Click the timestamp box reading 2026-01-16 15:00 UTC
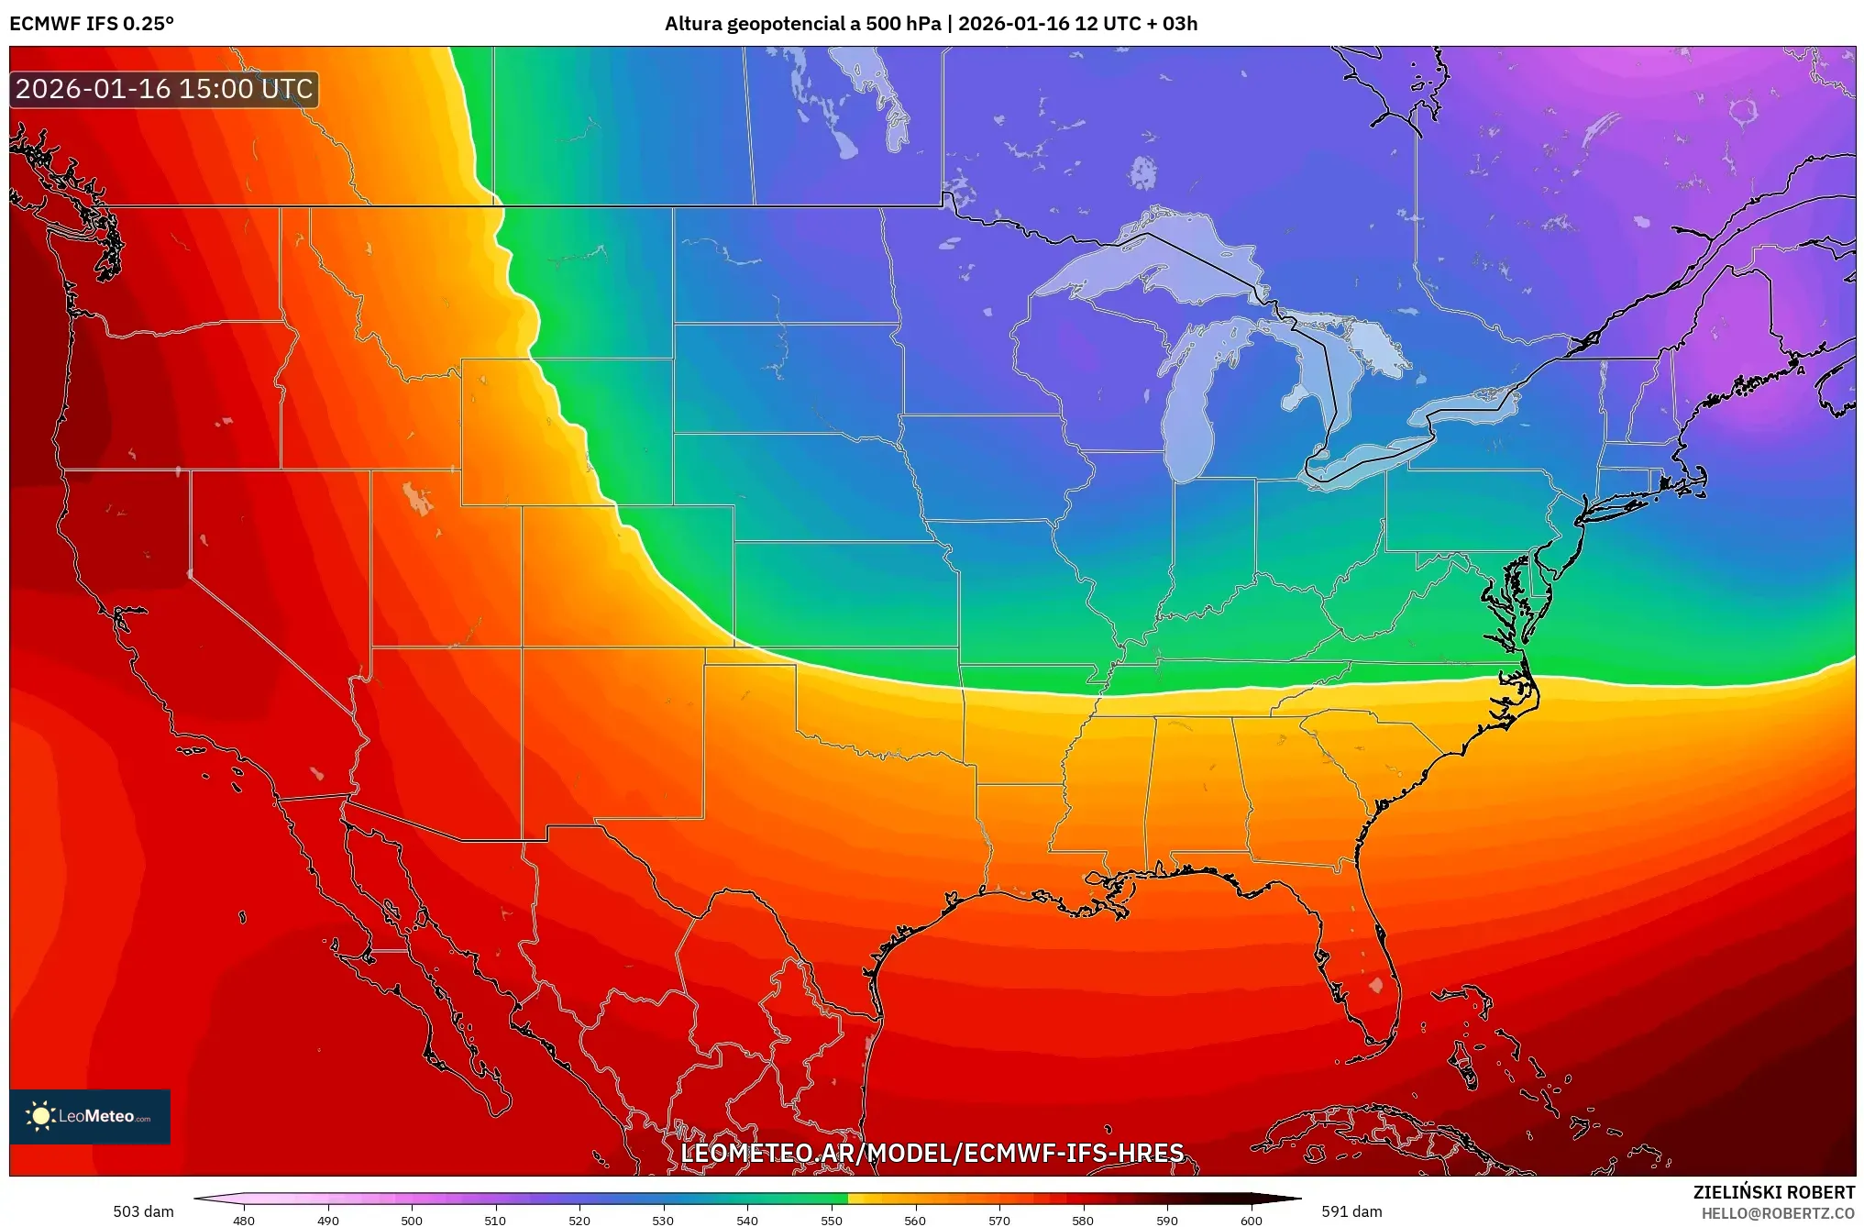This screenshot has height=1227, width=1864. [x=164, y=89]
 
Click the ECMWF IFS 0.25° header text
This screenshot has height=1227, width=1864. [x=92, y=24]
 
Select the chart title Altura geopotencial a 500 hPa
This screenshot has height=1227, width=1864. [x=802, y=24]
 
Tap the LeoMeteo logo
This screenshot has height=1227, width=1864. [x=90, y=1116]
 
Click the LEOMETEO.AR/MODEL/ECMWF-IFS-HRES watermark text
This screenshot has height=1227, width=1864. [x=932, y=1153]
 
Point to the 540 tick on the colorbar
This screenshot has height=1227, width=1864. [x=747, y=1220]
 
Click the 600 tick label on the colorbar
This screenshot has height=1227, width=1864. [x=1251, y=1220]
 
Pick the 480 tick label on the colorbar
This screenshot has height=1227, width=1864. [x=244, y=1220]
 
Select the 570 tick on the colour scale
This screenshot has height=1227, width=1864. [x=999, y=1220]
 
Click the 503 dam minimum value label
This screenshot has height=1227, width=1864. [x=143, y=1211]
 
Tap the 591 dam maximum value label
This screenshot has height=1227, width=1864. [x=1351, y=1211]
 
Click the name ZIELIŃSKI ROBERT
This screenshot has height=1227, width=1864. [x=1773, y=1192]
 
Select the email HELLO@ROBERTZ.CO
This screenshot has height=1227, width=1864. [x=1777, y=1213]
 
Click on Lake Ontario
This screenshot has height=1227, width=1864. [x=1467, y=404]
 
